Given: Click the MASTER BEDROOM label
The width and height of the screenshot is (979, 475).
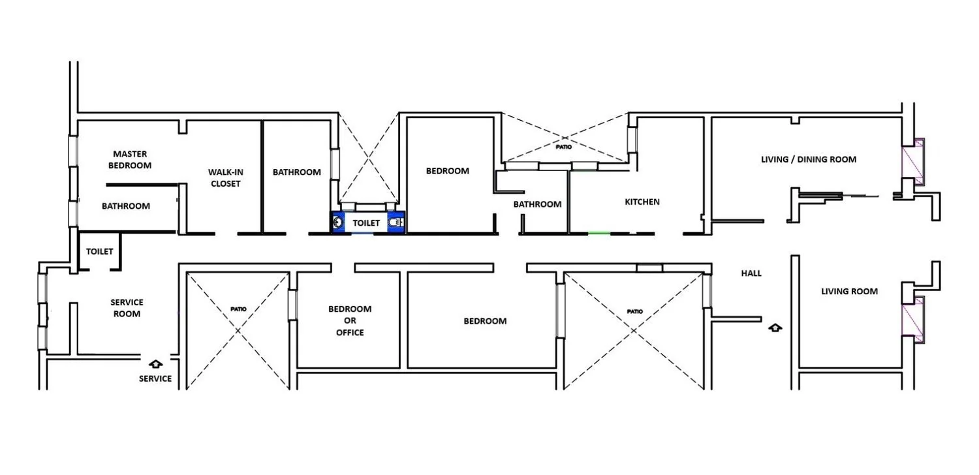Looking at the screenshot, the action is (x=130, y=159).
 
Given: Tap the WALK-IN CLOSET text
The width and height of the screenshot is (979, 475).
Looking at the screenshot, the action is (x=226, y=178).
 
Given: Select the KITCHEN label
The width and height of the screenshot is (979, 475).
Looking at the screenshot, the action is (x=642, y=202).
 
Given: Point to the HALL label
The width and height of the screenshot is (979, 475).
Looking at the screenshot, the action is (x=751, y=273).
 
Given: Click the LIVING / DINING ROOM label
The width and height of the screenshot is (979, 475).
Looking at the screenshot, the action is (x=809, y=159).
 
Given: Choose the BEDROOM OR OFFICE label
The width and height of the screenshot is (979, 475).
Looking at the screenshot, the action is (x=350, y=321).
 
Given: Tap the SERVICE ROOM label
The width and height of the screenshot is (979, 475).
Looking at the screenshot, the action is (x=127, y=308).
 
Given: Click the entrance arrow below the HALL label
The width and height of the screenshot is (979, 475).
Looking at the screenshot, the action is (x=775, y=328).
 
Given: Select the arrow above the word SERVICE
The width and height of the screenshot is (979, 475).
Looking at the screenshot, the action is (x=155, y=363).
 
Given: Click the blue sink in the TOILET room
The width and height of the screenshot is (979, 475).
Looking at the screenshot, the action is (x=338, y=223).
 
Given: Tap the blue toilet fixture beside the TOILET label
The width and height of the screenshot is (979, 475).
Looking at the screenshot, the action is (x=396, y=223).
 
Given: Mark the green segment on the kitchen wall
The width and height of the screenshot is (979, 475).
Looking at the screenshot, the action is (x=598, y=234).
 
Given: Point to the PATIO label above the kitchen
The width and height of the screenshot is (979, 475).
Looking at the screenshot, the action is (x=564, y=147).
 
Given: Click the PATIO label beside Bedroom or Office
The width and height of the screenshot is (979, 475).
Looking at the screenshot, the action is (x=238, y=309).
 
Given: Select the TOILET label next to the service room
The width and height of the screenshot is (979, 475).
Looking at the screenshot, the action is (x=100, y=251).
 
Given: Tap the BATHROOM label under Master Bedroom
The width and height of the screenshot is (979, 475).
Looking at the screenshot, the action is (x=126, y=206).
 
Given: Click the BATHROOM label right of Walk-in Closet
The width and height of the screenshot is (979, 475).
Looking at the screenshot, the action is (x=297, y=172).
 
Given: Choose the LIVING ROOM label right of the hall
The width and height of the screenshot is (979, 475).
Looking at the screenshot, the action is (x=849, y=292).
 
